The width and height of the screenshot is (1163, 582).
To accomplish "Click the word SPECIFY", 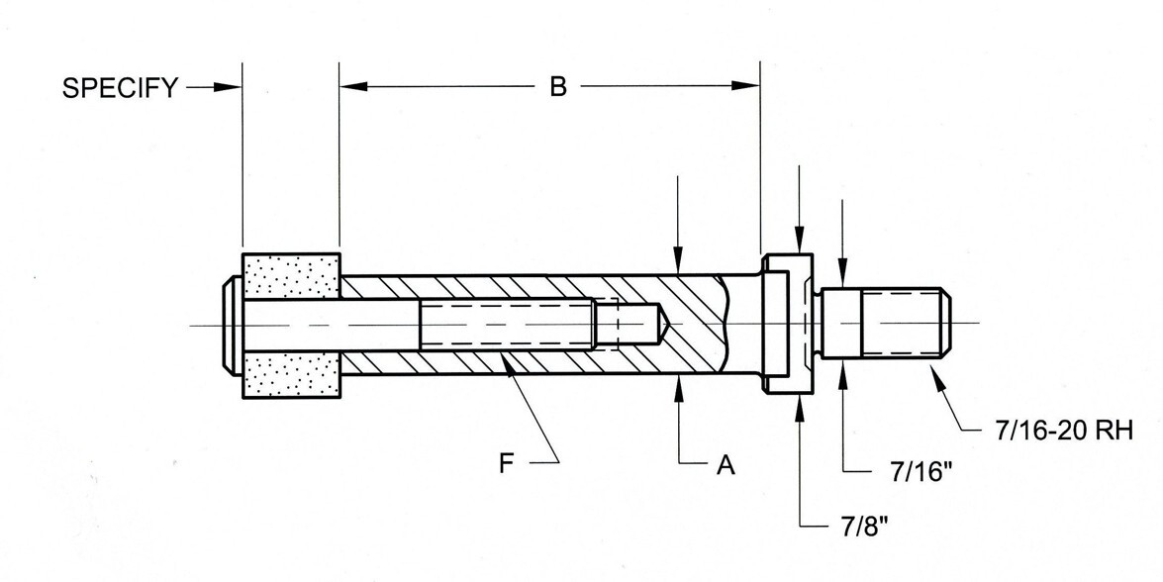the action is (x=120, y=87).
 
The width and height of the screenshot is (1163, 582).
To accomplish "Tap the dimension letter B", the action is (x=558, y=87).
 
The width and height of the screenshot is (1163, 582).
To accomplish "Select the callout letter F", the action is (x=507, y=464).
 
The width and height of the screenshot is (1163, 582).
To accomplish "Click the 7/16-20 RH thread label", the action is (x=1064, y=430).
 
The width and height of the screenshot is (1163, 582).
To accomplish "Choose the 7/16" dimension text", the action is (x=921, y=471).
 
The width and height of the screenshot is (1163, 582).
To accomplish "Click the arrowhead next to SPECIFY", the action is (x=227, y=87).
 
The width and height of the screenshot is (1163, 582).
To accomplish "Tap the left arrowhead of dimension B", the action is (x=353, y=86).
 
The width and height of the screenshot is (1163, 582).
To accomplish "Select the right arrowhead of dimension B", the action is (x=745, y=86).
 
